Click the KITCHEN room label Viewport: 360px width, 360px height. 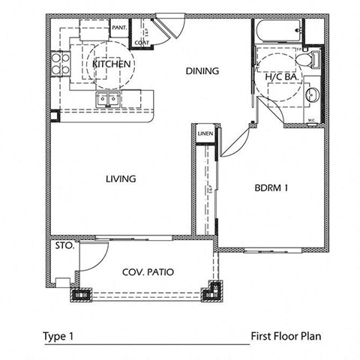pos(112,64)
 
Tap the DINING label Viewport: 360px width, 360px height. pos(202,72)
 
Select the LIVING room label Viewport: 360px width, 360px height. pos(120,179)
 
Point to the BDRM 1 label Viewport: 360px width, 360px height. pos(271,189)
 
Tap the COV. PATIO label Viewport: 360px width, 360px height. pos(148,272)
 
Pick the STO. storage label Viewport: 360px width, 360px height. pos(64,245)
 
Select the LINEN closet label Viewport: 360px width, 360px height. pos(205,134)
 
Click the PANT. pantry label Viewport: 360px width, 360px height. pos(119,28)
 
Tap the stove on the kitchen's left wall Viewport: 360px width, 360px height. pos(57,65)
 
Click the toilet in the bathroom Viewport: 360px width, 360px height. pos(315,59)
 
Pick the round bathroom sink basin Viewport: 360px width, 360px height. pos(313,94)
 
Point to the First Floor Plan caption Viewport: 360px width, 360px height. pos(286,336)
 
